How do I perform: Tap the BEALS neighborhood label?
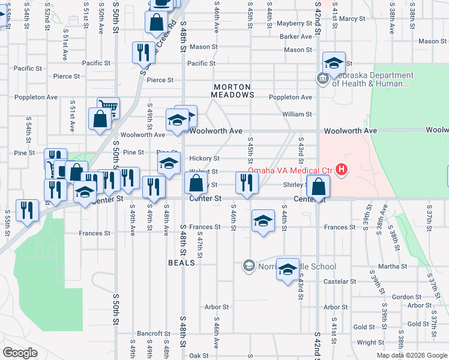181,263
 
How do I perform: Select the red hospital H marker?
342,170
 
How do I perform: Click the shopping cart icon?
108,108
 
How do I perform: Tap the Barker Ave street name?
296,37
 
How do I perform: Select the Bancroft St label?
154,334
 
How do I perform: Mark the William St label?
297,114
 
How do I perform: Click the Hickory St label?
204,158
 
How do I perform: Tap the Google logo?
20,353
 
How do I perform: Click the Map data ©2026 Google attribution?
412,355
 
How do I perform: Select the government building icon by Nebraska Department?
323,78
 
